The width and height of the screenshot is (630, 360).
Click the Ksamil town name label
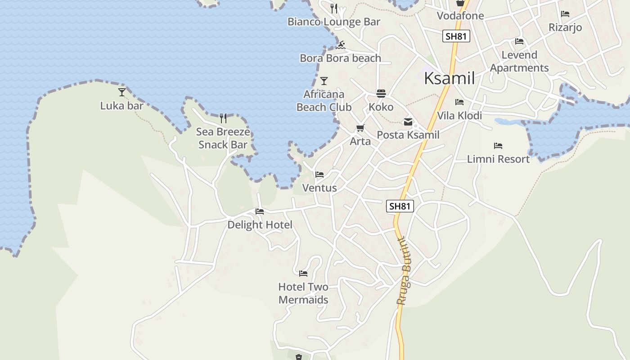(449, 78)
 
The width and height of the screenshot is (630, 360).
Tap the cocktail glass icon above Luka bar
(122, 92)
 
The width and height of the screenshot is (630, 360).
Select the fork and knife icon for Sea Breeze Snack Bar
(223, 118)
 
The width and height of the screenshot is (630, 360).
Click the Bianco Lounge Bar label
(333, 22)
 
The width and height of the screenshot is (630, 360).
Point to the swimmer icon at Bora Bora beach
(341, 45)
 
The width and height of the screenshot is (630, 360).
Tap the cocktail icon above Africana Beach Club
(324, 81)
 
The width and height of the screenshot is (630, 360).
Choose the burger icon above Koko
(381, 94)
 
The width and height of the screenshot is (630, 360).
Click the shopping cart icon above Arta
(360, 128)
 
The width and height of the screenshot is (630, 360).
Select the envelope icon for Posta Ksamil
(408, 121)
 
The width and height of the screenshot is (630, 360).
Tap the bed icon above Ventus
(319, 174)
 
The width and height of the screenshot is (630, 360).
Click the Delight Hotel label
(260, 225)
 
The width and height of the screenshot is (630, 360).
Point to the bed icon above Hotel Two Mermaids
(303, 273)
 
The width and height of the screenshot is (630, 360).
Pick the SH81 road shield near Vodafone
(456, 36)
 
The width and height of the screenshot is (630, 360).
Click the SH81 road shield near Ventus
(400, 206)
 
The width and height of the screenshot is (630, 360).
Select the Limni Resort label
(498, 159)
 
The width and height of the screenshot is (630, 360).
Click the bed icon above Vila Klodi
(459, 102)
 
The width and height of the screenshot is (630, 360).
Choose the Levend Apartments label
(519, 62)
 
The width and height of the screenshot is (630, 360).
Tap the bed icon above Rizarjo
(565, 14)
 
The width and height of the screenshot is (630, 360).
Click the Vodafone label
(460, 16)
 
